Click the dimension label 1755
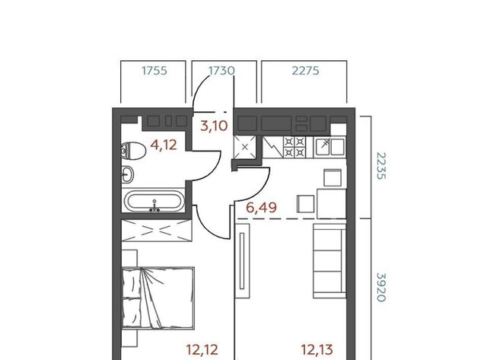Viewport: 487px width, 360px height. (154, 71)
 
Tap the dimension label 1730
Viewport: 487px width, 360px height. (221, 71)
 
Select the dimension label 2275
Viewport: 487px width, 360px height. (305, 71)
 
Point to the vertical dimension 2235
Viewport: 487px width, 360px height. (381, 166)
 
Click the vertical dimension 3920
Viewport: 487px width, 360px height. (381, 288)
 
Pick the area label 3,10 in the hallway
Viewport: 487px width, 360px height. (214, 126)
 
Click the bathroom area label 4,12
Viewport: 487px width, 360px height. (164, 145)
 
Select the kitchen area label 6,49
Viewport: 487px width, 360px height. (261, 207)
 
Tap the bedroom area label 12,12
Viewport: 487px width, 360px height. (202, 350)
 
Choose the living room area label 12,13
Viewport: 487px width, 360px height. (317, 350)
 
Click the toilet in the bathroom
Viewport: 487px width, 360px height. (134, 151)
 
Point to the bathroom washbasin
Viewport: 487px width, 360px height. (127, 174)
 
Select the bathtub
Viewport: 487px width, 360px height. (154, 201)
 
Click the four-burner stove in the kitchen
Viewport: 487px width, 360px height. (294, 147)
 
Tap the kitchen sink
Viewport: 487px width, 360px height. (329, 147)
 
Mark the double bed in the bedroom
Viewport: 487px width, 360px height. (158, 298)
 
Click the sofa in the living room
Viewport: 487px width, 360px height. (329, 261)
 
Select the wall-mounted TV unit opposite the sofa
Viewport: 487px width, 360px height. (242, 261)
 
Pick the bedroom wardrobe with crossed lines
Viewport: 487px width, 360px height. (157, 230)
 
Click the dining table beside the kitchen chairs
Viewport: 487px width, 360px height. (332, 203)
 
